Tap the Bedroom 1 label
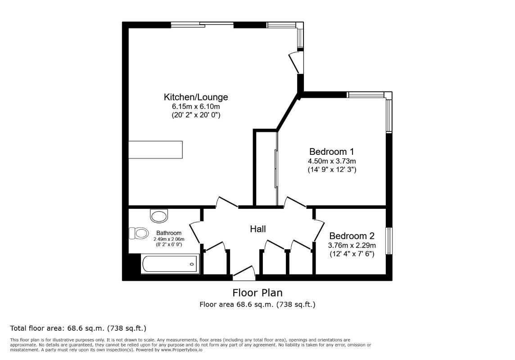pyautogui.click(x=328, y=152)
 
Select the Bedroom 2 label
pyautogui.click(x=352, y=236)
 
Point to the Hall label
pyautogui.click(x=258, y=229)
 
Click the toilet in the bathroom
pyautogui.click(x=139, y=233)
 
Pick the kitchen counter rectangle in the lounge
pyautogui.click(x=156, y=149)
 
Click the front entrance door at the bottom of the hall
pyautogui.click(x=244, y=271)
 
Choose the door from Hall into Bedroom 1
pyautogui.click(x=295, y=202)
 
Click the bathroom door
pyautogui.click(x=195, y=232)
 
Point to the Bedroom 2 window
pyautogui.click(x=389, y=241)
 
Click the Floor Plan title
pyautogui.click(x=257, y=292)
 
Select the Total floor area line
pyautogui.click(x=78, y=328)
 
